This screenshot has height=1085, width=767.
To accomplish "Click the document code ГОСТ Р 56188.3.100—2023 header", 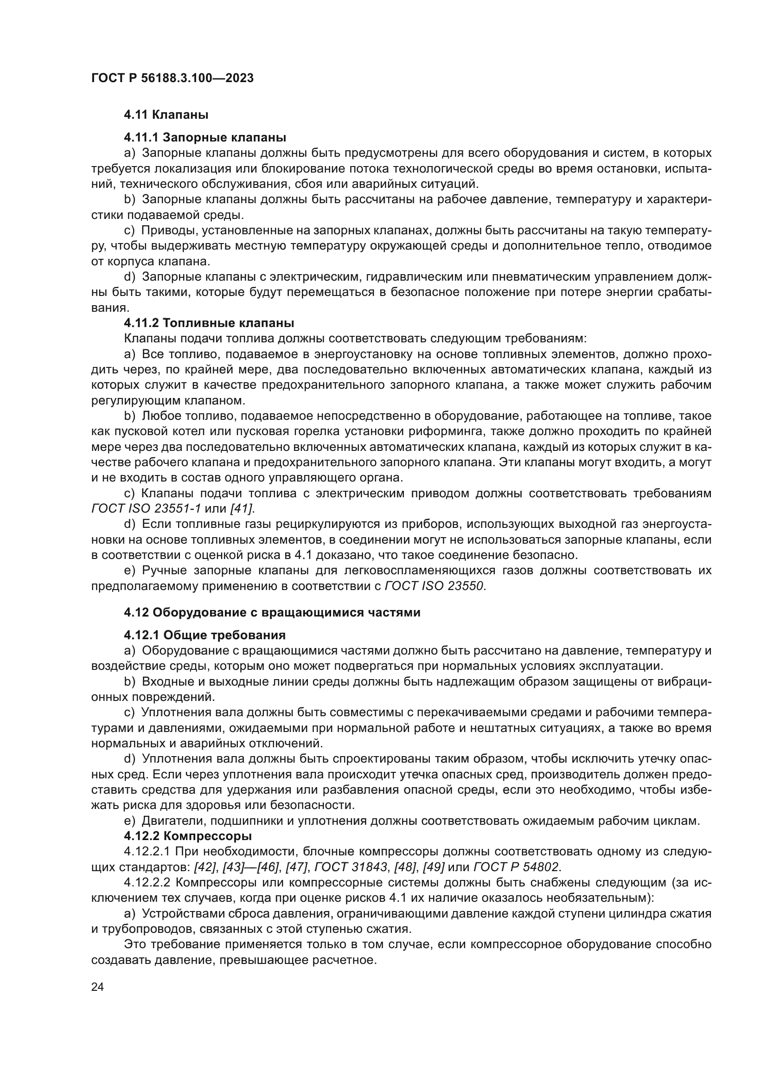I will tap(173, 78).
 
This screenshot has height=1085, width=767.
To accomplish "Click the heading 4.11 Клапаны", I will tap(166, 115).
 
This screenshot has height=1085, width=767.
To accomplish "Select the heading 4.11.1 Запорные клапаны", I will tap(205, 137).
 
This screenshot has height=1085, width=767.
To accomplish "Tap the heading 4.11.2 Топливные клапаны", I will tap(209, 323).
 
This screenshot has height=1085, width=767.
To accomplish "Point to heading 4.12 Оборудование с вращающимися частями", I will tap(272, 612).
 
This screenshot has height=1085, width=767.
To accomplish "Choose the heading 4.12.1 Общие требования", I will tap(205, 635).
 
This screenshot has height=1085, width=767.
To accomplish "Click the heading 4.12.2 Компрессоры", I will tap(187, 836).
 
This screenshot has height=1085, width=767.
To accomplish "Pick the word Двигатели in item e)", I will tap(172, 821).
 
